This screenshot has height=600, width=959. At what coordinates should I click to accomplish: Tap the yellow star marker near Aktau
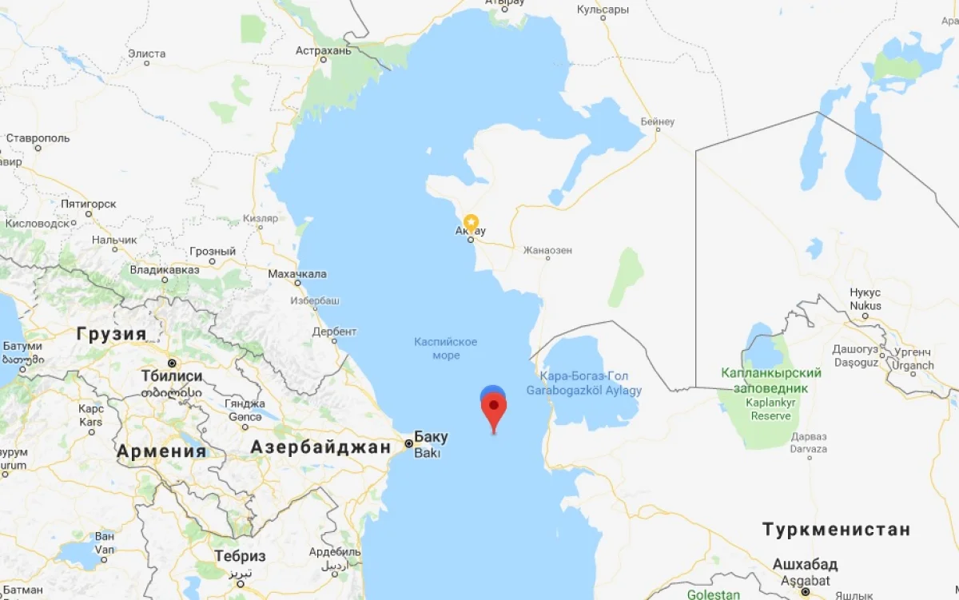tap(472, 221)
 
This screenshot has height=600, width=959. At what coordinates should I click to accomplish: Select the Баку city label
tap(431, 437)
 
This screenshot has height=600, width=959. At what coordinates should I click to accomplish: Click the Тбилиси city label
tap(171, 376)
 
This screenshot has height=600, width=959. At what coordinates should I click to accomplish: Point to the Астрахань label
tap(323, 50)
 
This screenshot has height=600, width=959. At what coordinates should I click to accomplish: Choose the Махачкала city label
tap(297, 274)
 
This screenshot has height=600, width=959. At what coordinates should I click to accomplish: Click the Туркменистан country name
tap(836, 529)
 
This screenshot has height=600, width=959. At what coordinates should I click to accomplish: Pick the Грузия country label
tap(111, 334)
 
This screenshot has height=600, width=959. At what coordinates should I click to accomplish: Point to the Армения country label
tap(161, 451)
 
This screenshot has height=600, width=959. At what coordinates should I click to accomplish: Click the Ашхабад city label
tap(805, 565)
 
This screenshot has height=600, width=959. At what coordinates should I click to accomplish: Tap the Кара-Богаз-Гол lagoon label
tap(583, 375)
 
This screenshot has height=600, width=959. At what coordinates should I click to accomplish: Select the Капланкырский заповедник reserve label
tap(770, 380)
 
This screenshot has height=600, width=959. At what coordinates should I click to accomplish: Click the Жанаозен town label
tap(547, 250)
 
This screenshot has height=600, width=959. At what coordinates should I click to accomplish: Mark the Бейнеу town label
tap(658, 122)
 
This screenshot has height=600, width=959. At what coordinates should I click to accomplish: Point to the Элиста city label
tap(147, 54)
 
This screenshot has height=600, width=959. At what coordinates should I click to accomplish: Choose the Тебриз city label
tap(240, 556)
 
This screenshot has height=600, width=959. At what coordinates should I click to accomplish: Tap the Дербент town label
tap(334, 332)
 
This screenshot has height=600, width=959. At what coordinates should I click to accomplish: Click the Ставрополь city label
tap(38, 137)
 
